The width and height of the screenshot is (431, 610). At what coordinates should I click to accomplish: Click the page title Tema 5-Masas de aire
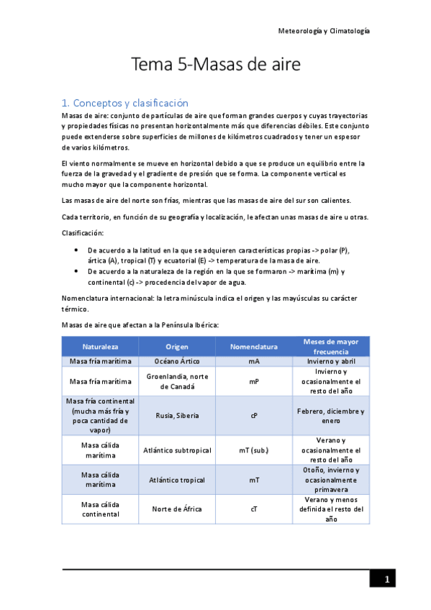point(215,65)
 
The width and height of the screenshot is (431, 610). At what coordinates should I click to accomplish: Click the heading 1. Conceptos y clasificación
point(126,103)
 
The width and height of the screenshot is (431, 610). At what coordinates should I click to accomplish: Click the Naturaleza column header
point(100,346)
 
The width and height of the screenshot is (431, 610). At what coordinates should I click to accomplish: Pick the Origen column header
point(176,346)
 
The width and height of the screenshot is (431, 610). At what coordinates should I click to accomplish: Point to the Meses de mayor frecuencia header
point(330,346)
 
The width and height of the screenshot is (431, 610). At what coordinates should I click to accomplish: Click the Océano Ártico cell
point(176,361)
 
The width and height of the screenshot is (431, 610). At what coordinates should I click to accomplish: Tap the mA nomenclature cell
point(254,361)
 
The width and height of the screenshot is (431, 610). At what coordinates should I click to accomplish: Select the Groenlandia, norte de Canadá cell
point(176,381)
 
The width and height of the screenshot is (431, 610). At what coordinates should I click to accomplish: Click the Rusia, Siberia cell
point(176,415)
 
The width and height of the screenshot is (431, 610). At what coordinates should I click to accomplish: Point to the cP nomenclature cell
point(254,415)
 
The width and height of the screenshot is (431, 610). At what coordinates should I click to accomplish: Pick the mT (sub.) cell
point(254,450)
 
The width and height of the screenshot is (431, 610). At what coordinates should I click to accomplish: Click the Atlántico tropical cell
point(176,480)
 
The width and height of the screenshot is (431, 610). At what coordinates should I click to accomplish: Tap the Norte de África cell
point(176,509)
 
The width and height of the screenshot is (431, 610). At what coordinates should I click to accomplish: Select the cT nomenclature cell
point(254,509)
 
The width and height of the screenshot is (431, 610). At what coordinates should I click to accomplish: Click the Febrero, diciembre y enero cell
point(330,415)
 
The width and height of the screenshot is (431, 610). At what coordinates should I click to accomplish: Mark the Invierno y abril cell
point(330,361)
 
